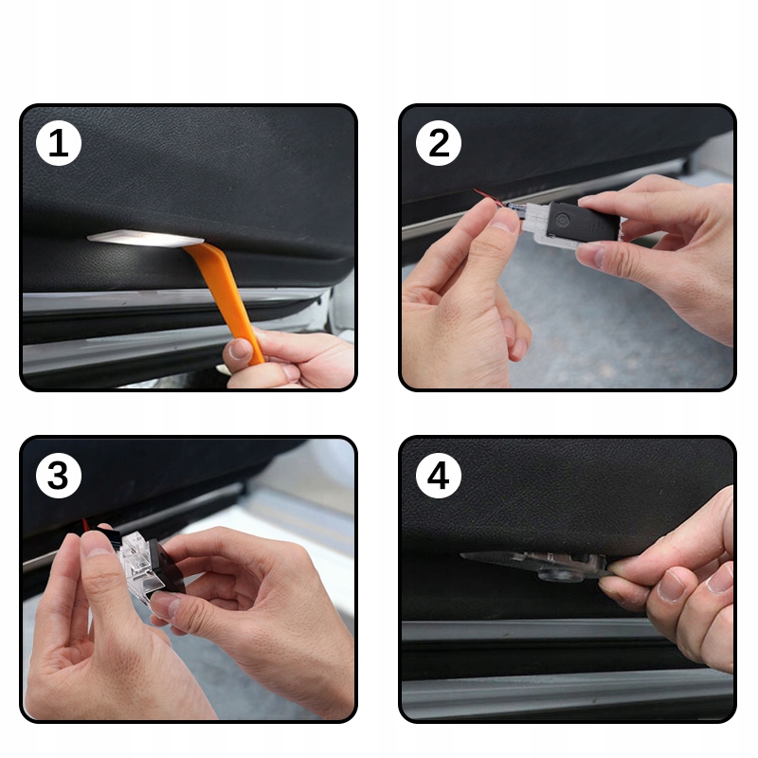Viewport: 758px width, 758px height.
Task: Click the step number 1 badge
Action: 59,144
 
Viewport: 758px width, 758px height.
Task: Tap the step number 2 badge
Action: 439,144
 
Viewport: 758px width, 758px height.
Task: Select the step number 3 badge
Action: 59,476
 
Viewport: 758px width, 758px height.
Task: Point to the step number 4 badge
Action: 439,476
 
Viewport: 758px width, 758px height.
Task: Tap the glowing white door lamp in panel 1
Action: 145,238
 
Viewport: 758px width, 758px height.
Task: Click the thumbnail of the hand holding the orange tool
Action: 238,350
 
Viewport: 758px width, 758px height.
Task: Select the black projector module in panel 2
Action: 583,223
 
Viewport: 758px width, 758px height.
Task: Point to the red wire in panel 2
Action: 487,196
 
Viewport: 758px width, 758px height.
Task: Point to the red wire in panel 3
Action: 87,526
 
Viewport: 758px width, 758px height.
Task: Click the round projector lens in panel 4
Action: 558,574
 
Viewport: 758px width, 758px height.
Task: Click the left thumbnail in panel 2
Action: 504,224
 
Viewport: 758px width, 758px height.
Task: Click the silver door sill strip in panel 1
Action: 170,298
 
